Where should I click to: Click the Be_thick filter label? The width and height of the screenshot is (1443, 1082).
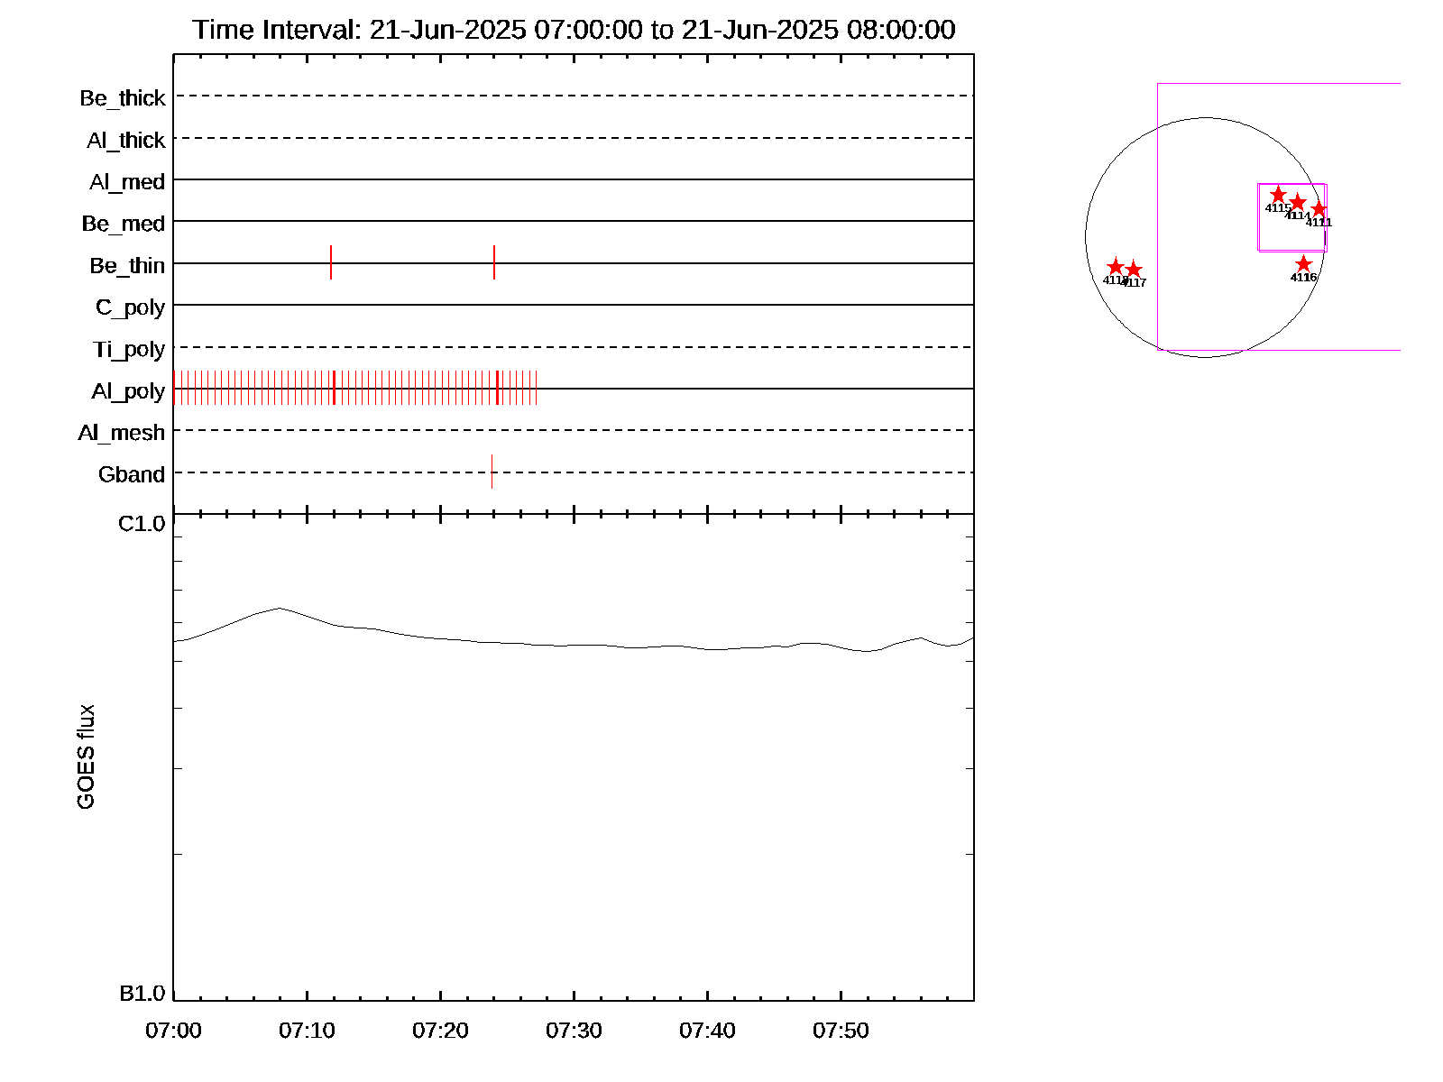(x=123, y=98)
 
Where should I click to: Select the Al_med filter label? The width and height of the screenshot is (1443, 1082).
(x=127, y=182)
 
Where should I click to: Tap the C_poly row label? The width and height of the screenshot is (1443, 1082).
(x=130, y=307)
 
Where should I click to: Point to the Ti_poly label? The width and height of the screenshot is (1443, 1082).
(x=129, y=349)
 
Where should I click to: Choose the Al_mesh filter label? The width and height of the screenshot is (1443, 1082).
(x=122, y=433)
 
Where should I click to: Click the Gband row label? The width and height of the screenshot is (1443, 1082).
(x=132, y=474)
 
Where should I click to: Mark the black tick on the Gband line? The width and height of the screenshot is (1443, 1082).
(x=492, y=472)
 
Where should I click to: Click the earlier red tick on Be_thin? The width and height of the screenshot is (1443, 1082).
(x=331, y=262)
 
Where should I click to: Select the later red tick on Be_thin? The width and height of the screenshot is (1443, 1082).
(x=494, y=262)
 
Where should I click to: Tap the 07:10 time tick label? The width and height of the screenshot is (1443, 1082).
(x=307, y=1031)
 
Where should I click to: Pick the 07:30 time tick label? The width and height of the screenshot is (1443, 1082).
(x=574, y=1031)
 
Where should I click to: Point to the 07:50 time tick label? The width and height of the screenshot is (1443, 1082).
(x=841, y=1031)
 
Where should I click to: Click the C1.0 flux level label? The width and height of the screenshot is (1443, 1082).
(x=142, y=524)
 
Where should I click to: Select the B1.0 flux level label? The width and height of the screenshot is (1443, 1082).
(x=142, y=994)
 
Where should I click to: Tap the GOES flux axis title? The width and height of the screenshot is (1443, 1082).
(x=86, y=757)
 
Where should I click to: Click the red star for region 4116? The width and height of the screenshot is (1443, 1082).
(x=1303, y=264)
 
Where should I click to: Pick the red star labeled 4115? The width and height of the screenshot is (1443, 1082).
(x=1278, y=195)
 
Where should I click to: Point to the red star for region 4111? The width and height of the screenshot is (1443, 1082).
(x=1319, y=209)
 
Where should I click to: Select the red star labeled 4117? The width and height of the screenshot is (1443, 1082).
(x=1134, y=270)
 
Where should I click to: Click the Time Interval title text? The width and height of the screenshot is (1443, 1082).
(x=574, y=30)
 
